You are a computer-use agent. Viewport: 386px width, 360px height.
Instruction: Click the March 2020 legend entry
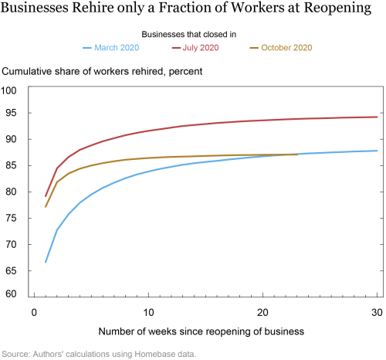(111, 48)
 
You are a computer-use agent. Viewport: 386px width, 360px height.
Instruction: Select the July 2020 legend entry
(195, 48)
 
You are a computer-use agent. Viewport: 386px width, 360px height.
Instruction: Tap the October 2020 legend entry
(281, 48)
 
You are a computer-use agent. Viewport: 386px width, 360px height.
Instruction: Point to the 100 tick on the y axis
(8, 90)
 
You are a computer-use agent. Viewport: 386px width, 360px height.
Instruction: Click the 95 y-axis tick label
(11, 113)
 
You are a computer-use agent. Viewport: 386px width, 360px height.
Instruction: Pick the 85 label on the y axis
(11, 165)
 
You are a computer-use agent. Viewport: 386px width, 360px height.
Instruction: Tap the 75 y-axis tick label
(11, 218)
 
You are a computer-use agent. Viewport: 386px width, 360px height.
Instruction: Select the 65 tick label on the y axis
(11, 270)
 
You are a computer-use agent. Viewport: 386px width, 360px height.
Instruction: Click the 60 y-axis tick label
(11, 294)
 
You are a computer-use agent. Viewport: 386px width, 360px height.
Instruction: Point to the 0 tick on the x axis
(34, 313)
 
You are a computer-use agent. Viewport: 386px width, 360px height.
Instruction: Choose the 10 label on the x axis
(148, 313)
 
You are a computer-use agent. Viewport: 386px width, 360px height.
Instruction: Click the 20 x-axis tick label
(262, 313)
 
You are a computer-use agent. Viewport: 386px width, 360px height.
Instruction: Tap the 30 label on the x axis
(377, 313)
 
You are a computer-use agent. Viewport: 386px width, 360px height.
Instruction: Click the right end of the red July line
(377, 117)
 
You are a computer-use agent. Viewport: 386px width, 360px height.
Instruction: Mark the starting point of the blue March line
(46, 262)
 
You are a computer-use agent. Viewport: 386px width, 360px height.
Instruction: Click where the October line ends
(297, 155)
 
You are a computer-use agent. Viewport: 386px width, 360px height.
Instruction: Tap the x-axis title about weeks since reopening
(201, 331)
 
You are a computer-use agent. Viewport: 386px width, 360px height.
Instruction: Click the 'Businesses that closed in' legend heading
(189, 34)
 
